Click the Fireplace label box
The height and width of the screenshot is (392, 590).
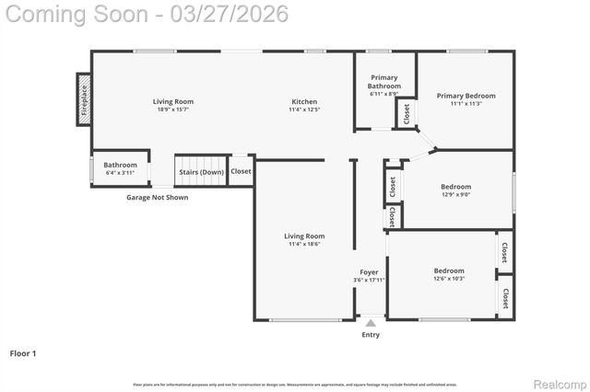point(84,99)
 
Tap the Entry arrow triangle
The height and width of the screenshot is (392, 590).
point(371,323)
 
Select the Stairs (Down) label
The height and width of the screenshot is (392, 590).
point(201,172)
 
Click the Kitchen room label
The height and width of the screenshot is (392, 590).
point(304,102)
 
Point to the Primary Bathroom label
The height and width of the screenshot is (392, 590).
point(384,82)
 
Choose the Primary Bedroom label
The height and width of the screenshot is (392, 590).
point(466,96)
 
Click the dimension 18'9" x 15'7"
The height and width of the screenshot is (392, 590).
point(172,110)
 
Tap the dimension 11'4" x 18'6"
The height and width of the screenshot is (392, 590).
point(304,245)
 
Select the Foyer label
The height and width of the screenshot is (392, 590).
point(369,272)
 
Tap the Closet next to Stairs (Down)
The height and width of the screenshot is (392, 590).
point(241,171)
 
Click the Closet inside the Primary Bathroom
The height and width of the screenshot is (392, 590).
point(406,113)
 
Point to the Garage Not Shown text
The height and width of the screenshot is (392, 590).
point(157,197)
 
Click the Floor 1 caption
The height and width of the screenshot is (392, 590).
point(24,353)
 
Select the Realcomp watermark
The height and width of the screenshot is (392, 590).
point(560,384)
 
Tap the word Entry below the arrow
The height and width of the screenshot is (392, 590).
point(371,335)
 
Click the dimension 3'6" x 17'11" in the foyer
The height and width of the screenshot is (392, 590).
point(369,281)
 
